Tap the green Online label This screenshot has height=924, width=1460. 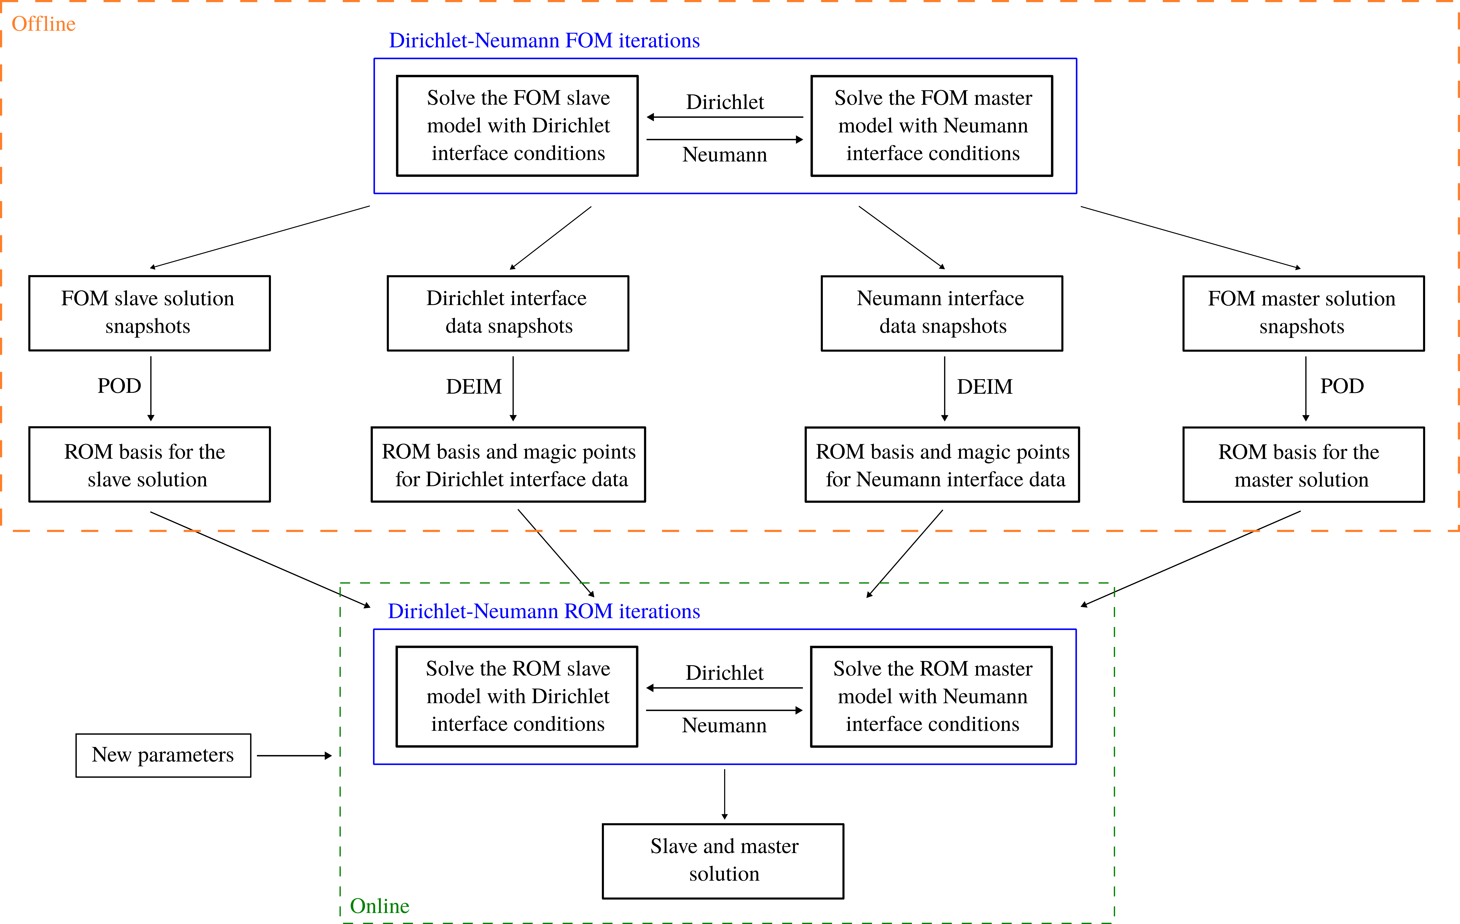tap(380, 906)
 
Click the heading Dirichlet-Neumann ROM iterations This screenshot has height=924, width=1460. tap(544, 611)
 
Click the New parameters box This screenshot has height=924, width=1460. tap(163, 755)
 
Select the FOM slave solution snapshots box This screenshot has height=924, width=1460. tap(149, 313)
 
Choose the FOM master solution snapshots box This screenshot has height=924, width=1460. tap(1303, 313)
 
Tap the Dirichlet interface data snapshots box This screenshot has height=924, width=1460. tap(507, 313)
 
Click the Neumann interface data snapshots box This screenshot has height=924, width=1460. tap(942, 313)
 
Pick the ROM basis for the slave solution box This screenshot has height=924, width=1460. tap(149, 464)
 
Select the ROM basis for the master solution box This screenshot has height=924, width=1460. tap(1303, 464)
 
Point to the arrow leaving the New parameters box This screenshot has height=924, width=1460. tap(294, 755)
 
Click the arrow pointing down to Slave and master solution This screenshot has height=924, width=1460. tap(725, 794)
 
